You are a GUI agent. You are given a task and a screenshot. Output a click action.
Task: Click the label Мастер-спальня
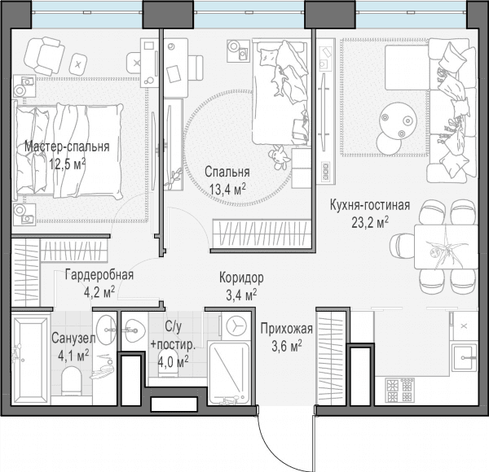pyautogui.click(x=67, y=146)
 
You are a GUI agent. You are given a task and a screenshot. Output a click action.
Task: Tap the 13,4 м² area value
pyautogui.click(x=227, y=189)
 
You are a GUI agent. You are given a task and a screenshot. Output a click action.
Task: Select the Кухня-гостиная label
pyautogui.click(x=370, y=206)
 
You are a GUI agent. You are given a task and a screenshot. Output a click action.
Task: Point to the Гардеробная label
pyautogui.click(x=99, y=275)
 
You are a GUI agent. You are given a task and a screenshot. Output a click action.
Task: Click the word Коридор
pyautogui.click(x=241, y=278)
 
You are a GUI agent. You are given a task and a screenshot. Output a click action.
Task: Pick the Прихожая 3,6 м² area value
pyautogui.click(x=287, y=346)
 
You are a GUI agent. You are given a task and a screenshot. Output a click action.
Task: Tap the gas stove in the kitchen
pyautogui.click(x=400, y=390)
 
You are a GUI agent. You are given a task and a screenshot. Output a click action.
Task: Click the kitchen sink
pyautogui.click(x=465, y=357)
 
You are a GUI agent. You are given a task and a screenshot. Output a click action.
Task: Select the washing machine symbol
pyautogui.click(x=236, y=326)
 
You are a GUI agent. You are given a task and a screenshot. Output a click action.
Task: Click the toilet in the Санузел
pyautogui.click(x=72, y=381)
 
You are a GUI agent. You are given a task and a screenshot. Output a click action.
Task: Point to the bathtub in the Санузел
pyautogui.click(x=31, y=359)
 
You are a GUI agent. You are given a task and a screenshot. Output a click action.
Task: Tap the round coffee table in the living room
pyautogui.click(x=399, y=120)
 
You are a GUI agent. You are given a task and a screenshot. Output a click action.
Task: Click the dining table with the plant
pyautogui.click(x=446, y=247)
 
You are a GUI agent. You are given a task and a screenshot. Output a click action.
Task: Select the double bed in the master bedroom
pyautogui.click(x=68, y=151)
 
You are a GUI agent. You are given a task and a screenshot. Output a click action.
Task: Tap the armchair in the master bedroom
pyautogui.click(x=44, y=55)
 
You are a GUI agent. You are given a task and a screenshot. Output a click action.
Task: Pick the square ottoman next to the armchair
pyautogui.click(x=78, y=64)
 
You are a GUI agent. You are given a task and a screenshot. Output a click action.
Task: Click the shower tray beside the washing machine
pyautogui.click(x=229, y=373)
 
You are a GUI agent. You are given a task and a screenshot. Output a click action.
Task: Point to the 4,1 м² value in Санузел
pyautogui.click(x=73, y=356)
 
